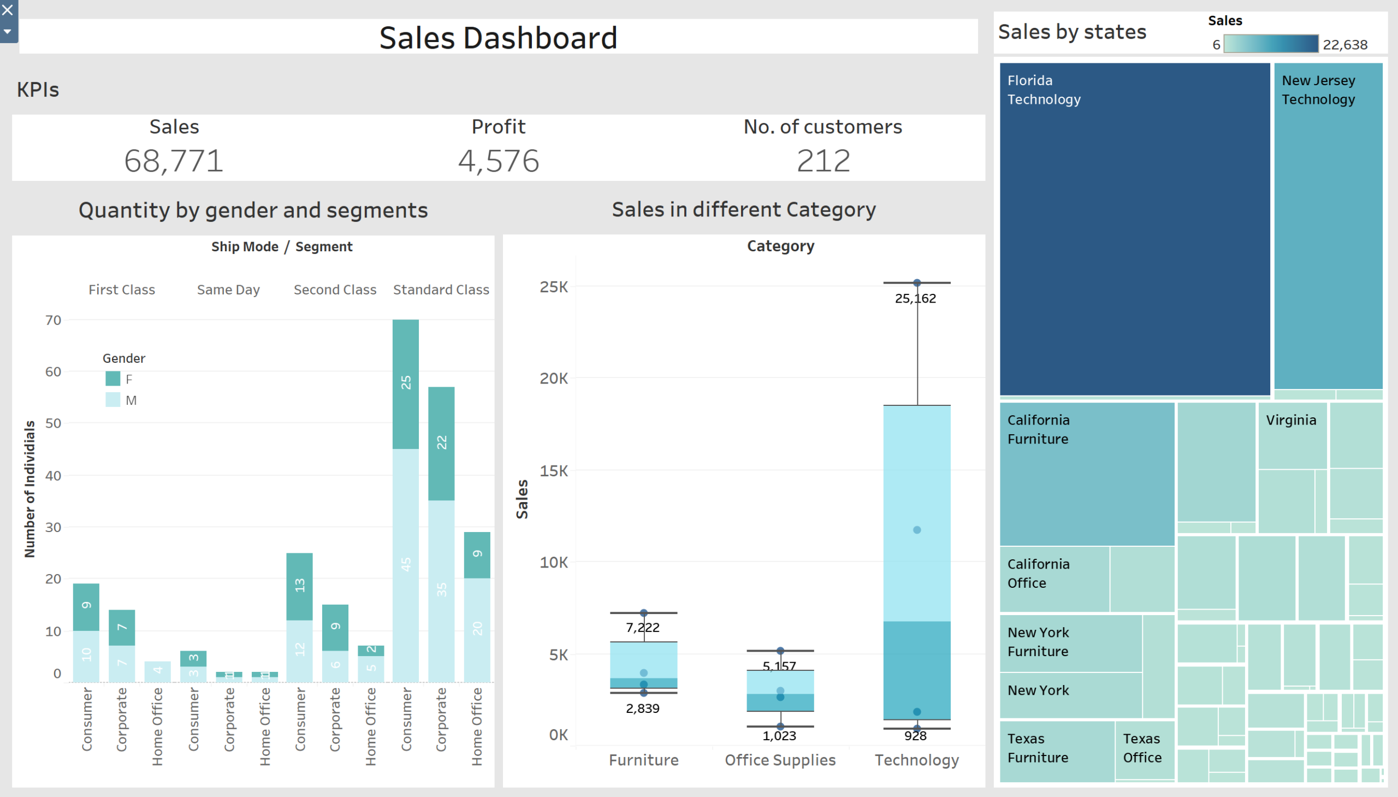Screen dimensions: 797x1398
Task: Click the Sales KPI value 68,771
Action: click(174, 161)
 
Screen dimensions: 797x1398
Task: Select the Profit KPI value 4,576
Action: click(499, 161)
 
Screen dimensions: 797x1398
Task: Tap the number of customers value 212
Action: click(823, 161)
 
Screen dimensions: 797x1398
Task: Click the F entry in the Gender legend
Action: click(121, 379)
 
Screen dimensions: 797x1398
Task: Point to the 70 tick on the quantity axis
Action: click(53, 320)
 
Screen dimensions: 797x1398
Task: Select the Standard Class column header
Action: click(441, 290)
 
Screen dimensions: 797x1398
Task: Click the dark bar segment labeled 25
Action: click(405, 383)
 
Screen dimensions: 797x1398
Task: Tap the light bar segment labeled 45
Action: click(405, 564)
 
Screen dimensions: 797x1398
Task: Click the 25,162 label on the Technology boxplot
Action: click(915, 298)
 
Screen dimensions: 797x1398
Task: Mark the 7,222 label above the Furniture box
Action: click(642, 627)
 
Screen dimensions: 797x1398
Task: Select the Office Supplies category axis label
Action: click(780, 760)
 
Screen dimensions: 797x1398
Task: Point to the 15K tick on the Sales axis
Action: click(554, 471)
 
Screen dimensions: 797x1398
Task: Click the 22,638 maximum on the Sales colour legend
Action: click(1344, 44)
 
